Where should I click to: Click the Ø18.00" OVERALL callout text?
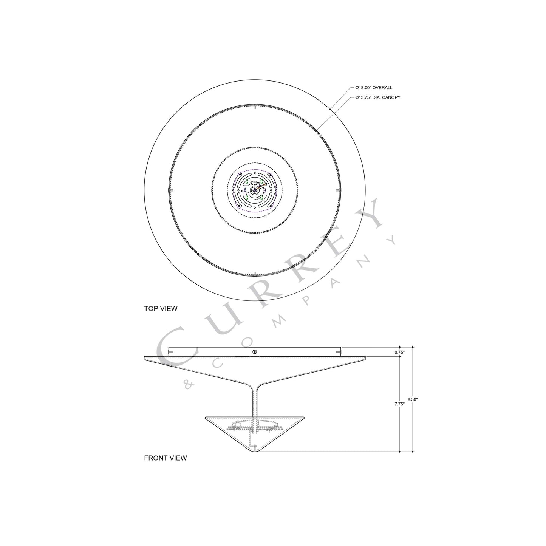pos(373,88)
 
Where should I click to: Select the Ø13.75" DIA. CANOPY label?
pos(377,97)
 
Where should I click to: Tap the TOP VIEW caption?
pos(161,308)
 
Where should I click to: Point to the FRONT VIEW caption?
pos(165,458)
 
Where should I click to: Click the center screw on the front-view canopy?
pos(255,352)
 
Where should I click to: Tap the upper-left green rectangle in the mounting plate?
pos(246,182)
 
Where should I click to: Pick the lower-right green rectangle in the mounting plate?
pos(261,197)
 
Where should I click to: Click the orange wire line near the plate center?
pos(262,185)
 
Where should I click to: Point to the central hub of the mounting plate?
pos(254,189)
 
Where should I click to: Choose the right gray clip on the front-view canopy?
pos(338,352)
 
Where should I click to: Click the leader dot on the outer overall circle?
pos(330,110)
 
